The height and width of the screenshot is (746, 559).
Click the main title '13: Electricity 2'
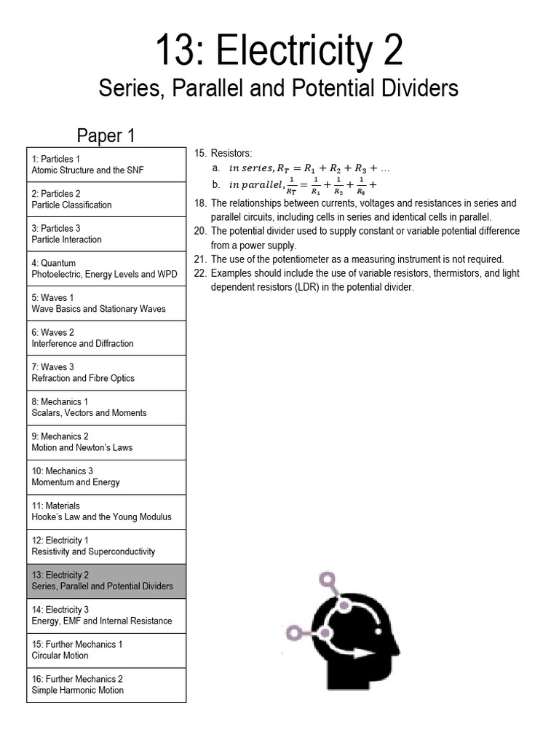279,52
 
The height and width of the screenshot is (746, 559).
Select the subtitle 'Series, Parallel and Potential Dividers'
279,89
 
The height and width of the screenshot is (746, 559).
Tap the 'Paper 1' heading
106,136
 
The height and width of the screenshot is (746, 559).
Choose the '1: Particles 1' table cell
106,165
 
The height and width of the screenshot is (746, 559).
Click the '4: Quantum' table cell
106,269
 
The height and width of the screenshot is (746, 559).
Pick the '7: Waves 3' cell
106,373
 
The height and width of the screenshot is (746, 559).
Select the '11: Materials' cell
106,511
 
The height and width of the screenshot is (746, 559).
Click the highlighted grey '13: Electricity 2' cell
106,581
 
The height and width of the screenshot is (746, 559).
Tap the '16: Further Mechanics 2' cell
106,685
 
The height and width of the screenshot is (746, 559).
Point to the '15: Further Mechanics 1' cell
106,651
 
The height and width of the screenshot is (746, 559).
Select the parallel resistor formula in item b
303,185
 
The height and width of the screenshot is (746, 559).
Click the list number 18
201,203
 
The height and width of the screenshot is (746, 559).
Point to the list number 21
201,259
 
